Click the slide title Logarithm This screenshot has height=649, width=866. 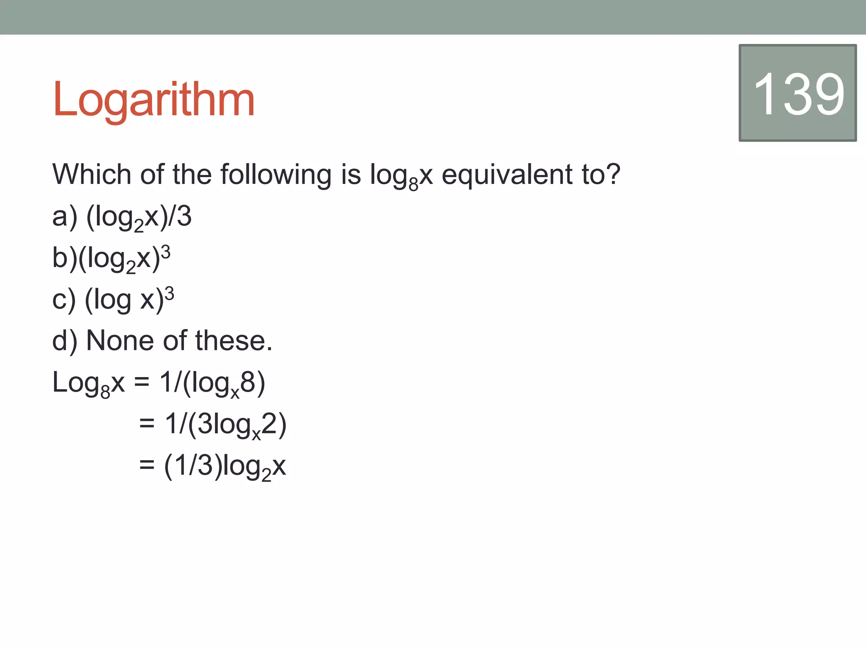(153, 99)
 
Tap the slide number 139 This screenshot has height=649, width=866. (798, 93)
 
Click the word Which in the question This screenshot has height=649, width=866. (91, 174)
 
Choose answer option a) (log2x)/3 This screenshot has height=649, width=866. (122, 217)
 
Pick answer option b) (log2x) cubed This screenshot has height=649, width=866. (111, 259)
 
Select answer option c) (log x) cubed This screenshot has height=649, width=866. (113, 300)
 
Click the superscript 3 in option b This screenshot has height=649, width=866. (166, 252)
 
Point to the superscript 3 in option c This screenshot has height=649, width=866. (169, 293)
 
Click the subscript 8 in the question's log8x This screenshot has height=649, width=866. (413, 184)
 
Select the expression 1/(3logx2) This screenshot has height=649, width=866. (226, 425)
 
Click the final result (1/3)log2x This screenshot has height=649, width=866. (225, 466)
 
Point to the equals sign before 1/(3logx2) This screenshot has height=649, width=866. (147, 424)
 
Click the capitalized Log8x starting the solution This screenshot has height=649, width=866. (88, 383)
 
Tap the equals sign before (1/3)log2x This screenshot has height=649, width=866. (147, 465)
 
